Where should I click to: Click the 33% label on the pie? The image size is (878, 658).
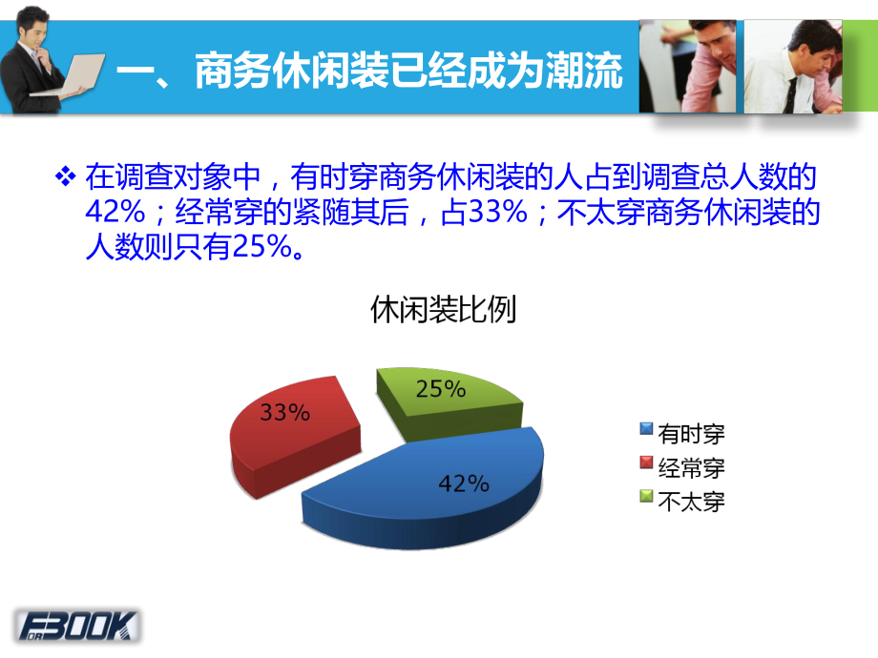284,413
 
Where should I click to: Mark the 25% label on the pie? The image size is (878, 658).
440,389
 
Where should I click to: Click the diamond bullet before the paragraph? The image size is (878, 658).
66,177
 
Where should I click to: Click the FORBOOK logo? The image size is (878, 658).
77,626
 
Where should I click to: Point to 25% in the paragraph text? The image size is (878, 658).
260,248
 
